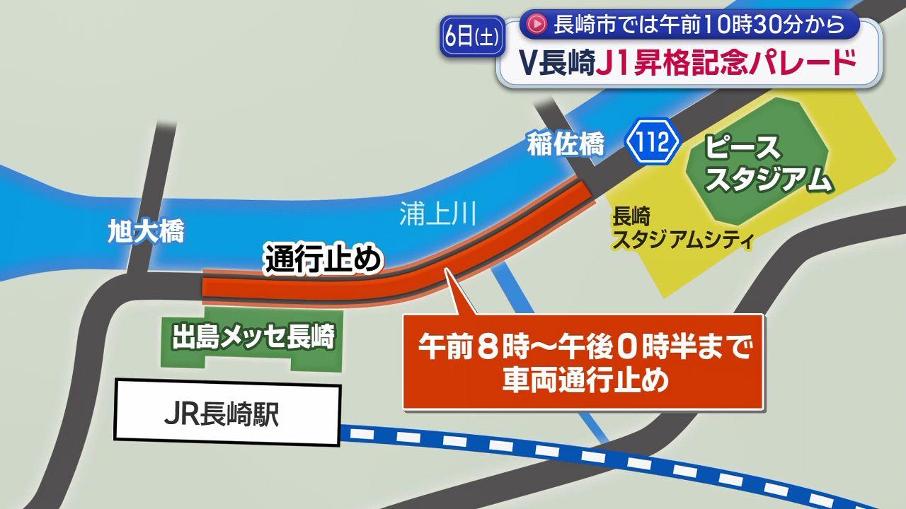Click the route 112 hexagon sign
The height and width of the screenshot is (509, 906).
click(652, 143)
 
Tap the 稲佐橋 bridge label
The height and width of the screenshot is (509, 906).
click(566, 146)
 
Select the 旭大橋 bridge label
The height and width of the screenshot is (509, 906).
click(146, 231)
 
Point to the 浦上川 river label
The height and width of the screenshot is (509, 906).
click(437, 214)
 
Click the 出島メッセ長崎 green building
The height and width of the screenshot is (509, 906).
click(252, 339)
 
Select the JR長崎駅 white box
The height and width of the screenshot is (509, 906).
click(226, 414)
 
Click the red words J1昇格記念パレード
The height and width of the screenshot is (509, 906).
click(726, 64)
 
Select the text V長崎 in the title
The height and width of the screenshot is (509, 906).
click(556, 64)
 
